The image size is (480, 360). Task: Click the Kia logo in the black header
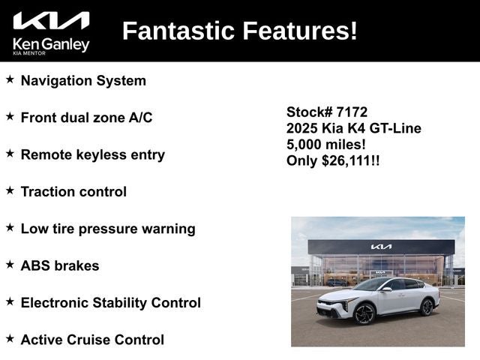(51, 21)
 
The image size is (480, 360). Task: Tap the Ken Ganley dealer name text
(51, 44)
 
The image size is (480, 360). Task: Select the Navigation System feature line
(83, 80)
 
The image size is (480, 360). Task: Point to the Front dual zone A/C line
(86, 118)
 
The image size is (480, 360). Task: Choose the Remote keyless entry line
(92, 154)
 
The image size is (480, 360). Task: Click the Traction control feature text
(73, 191)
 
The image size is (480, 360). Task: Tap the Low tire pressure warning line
(108, 229)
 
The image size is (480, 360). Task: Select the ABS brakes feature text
(60, 265)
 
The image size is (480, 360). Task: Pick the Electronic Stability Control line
(110, 303)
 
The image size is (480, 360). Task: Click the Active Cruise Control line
(92, 340)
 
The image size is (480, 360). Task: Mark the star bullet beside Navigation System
(10, 79)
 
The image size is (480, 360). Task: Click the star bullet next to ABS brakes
(10, 265)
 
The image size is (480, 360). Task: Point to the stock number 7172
(352, 112)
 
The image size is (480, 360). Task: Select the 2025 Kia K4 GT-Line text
(353, 128)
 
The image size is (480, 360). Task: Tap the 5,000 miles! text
(326, 144)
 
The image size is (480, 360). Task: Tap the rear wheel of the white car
(427, 307)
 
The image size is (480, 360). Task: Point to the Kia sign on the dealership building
(381, 247)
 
